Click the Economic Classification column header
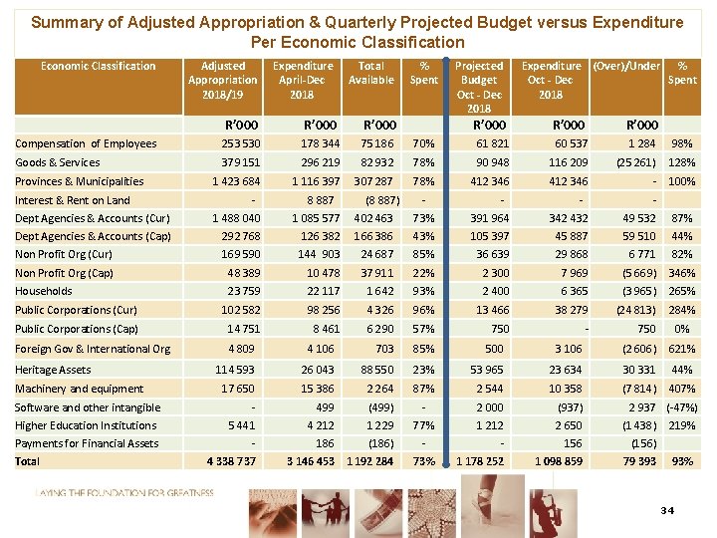pyautogui.click(x=98, y=66)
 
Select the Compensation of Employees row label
pyautogui.click(x=86, y=143)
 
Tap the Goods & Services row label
pyautogui.click(x=58, y=162)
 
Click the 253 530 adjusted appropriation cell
pyautogui.click(x=236, y=143)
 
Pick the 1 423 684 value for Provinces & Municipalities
pyautogui.click(x=230, y=181)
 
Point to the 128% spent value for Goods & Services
pyautogui.click(x=681, y=162)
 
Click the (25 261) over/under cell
pyautogui.click(x=635, y=162)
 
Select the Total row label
pyautogui.click(x=28, y=461)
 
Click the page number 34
pyautogui.click(x=666, y=511)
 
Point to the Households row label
pyautogui.click(x=44, y=291)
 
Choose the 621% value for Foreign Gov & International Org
pyautogui.click(x=681, y=349)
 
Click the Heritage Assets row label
pyautogui.click(x=53, y=370)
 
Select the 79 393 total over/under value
pyautogui.click(x=638, y=461)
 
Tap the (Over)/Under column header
pyautogui.click(x=625, y=66)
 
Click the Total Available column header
pyautogui.click(x=370, y=73)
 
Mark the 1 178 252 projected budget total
pyautogui.click(x=479, y=461)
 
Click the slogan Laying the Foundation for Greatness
pyautogui.click(x=123, y=493)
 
